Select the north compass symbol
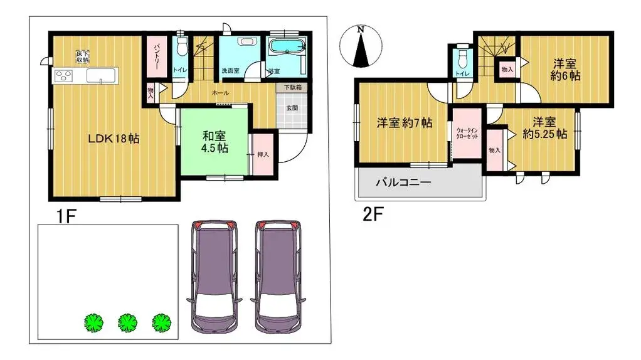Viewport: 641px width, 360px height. (360, 47)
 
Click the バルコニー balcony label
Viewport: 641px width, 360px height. (403, 183)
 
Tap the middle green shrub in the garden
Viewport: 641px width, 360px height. (128, 322)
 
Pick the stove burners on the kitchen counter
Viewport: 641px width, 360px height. (64, 77)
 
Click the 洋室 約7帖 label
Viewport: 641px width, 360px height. (404, 123)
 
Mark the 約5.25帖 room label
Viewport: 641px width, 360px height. (544, 127)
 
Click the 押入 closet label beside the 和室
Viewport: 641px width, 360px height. (263, 154)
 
